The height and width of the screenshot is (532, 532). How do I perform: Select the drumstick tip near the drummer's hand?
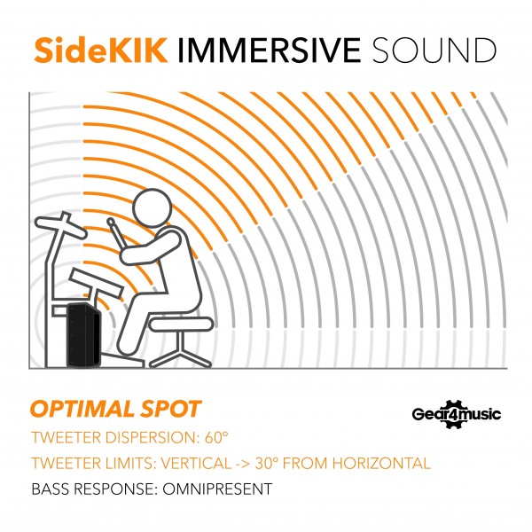(x=111, y=222)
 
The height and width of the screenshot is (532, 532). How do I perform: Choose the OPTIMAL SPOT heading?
(x=115, y=410)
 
